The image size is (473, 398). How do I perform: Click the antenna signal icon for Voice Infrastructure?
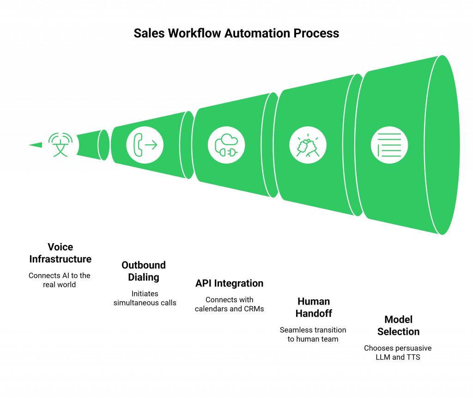(x=61, y=145)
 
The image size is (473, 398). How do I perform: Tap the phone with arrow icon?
(x=145, y=145)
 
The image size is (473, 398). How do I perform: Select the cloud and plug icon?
(x=226, y=145)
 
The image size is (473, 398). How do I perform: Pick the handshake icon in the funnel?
(x=308, y=145)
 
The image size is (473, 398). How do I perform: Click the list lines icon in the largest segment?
(x=389, y=145)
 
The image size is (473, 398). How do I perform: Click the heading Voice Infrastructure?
(x=61, y=253)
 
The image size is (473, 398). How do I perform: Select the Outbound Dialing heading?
(x=143, y=271)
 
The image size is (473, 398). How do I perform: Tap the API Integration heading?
(x=229, y=283)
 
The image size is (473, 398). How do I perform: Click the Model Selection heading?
(x=398, y=325)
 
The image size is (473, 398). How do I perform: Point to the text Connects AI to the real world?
(x=61, y=280)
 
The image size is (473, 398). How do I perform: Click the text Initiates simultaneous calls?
(x=145, y=299)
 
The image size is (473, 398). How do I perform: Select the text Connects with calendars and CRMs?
(x=229, y=304)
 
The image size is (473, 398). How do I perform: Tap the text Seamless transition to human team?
(x=313, y=334)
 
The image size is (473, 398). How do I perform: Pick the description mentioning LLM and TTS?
(x=398, y=352)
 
